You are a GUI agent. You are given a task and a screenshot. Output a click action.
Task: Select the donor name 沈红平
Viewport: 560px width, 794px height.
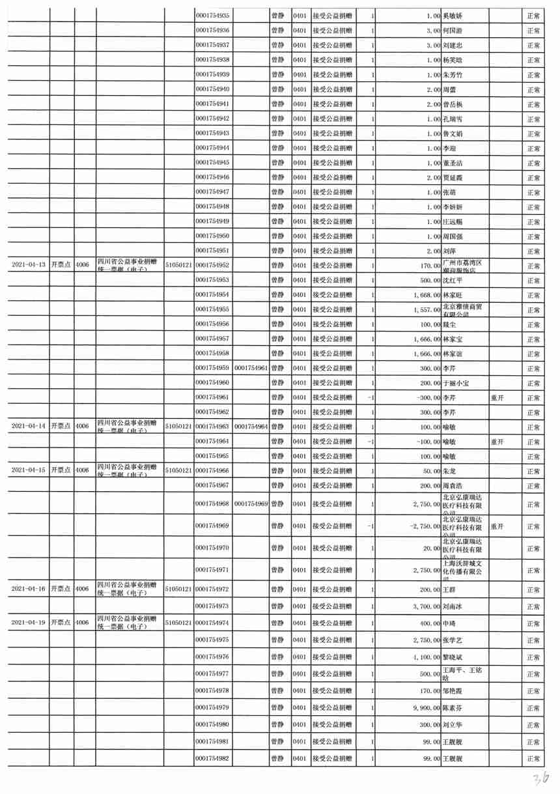pos(453,280)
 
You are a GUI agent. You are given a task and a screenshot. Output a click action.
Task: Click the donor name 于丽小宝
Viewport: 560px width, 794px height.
pos(456,382)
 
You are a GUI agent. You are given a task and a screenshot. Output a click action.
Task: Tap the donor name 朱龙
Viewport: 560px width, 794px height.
pos(449,470)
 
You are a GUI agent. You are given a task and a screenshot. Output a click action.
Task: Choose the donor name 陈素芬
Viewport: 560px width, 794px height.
pos(453,707)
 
